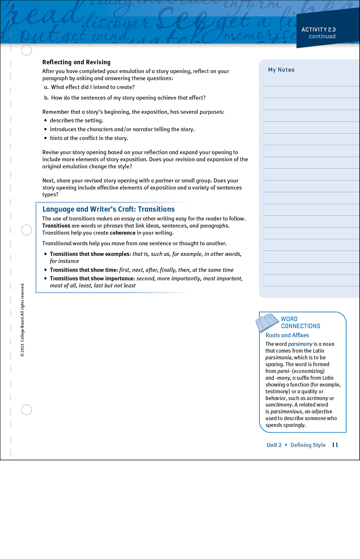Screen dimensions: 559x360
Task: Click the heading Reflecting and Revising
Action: point(76,62)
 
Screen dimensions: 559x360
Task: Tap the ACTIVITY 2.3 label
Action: point(318,29)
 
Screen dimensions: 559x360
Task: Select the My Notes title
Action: point(281,70)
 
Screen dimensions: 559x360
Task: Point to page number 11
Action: point(335,445)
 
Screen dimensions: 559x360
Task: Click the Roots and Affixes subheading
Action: point(287,335)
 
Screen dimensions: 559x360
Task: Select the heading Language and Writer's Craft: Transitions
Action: point(109,209)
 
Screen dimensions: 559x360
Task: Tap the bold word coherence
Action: point(122,233)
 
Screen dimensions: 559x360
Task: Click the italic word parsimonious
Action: point(286,412)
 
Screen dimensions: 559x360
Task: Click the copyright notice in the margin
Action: point(22,320)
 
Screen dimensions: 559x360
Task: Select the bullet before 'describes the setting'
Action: point(45,121)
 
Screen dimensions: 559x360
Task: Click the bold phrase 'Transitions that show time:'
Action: point(84,270)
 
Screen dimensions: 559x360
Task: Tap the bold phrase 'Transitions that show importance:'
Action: point(92,278)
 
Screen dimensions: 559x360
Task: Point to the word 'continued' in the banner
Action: point(322,37)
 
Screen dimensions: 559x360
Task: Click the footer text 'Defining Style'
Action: point(308,445)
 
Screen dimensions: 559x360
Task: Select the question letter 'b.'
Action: point(46,98)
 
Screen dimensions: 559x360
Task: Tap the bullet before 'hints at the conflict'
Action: point(45,138)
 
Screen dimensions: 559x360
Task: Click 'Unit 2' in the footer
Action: point(274,445)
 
